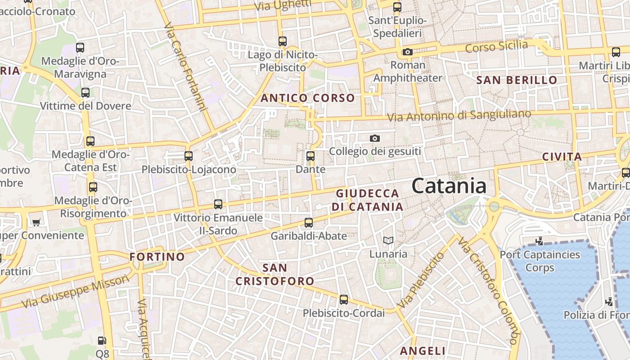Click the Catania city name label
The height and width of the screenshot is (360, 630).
(x=449, y=186)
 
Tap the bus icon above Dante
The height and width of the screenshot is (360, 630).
(x=310, y=156)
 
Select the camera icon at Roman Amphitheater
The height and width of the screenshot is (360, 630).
(x=408, y=52)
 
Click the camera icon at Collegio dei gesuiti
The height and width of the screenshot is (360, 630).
(x=374, y=138)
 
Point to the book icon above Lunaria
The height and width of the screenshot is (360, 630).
(x=388, y=241)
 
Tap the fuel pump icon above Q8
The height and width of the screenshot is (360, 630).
(x=103, y=341)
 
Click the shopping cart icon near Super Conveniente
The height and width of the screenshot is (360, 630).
(x=36, y=222)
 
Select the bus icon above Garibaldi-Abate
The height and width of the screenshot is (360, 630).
(x=308, y=222)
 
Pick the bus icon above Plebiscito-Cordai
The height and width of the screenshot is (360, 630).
(x=343, y=299)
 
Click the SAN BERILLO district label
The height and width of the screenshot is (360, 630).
(x=517, y=81)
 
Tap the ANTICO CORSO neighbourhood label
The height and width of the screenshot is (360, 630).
(x=308, y=98)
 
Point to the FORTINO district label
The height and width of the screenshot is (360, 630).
(x=157, y=257)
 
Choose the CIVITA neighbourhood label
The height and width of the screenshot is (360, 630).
(x=562, y=157)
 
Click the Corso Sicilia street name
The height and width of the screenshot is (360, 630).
(x=496, y=46)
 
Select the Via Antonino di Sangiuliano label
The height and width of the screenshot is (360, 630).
(x=459, y=115)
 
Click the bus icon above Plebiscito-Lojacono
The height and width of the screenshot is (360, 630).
(x=189, y=156)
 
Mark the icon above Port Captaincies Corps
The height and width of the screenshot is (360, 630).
(x=539, y=241)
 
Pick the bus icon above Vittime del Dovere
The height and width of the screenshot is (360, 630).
(x=85, y=93)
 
